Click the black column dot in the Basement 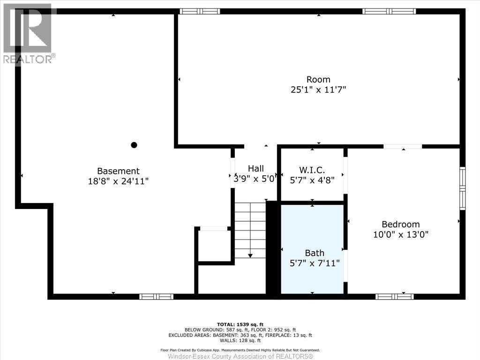[x=134, y=145]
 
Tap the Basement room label [x=118, y=171]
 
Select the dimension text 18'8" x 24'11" [x=118, y=181]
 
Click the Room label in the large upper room [x=318, y=79]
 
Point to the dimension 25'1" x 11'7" [x=318, y=90]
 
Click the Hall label [x=256, y=168]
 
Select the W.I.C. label [x=312, y=169]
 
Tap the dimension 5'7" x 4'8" [x=312, y=180]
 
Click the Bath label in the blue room [x=315, y=253]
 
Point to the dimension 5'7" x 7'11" [x=315, y=263]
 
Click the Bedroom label [x=400, y=224]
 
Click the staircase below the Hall [x=250, y=230]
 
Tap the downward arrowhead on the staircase [x=250, y=255]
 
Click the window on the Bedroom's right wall [x=462, y=188]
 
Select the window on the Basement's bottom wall [x=156, y=296]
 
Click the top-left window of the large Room [x=200, y=11]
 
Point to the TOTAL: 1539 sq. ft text [x=240, y=324]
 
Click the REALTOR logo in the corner [x=28, y=33]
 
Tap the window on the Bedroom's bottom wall [x=395, y=296]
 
